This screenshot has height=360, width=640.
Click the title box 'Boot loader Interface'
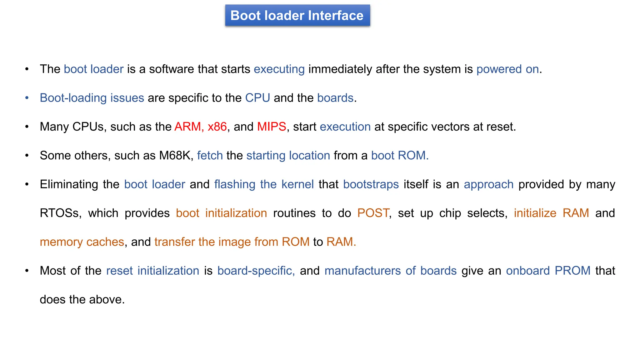[x=297, y=16]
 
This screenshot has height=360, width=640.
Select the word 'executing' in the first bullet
[x=279, y=69]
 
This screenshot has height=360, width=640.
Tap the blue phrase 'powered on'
[x=507, y=69]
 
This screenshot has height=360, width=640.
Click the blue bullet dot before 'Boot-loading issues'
[x=27, y=98]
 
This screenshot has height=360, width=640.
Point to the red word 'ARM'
[x=187, y=127]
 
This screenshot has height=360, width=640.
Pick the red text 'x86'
[x=217, y=127]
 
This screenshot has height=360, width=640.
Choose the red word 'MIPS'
[x=272, y=127]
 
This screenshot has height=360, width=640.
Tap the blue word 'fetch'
[x=210, y=155]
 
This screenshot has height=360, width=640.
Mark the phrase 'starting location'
[x=288, y=155]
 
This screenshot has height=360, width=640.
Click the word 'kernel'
[x=297, y=184]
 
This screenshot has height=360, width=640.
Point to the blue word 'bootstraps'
[x=371, y=184]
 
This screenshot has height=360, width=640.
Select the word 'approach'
[x=488, y=184]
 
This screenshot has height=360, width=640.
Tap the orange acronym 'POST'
[x=373, y=213]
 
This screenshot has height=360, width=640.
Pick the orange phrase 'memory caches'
[x=82, y=242]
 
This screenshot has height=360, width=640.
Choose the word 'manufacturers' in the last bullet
[x=362, y=271]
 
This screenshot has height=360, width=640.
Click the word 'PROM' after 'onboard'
[x=572, y=271]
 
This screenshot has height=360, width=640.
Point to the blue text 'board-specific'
[x=256, y=271]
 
